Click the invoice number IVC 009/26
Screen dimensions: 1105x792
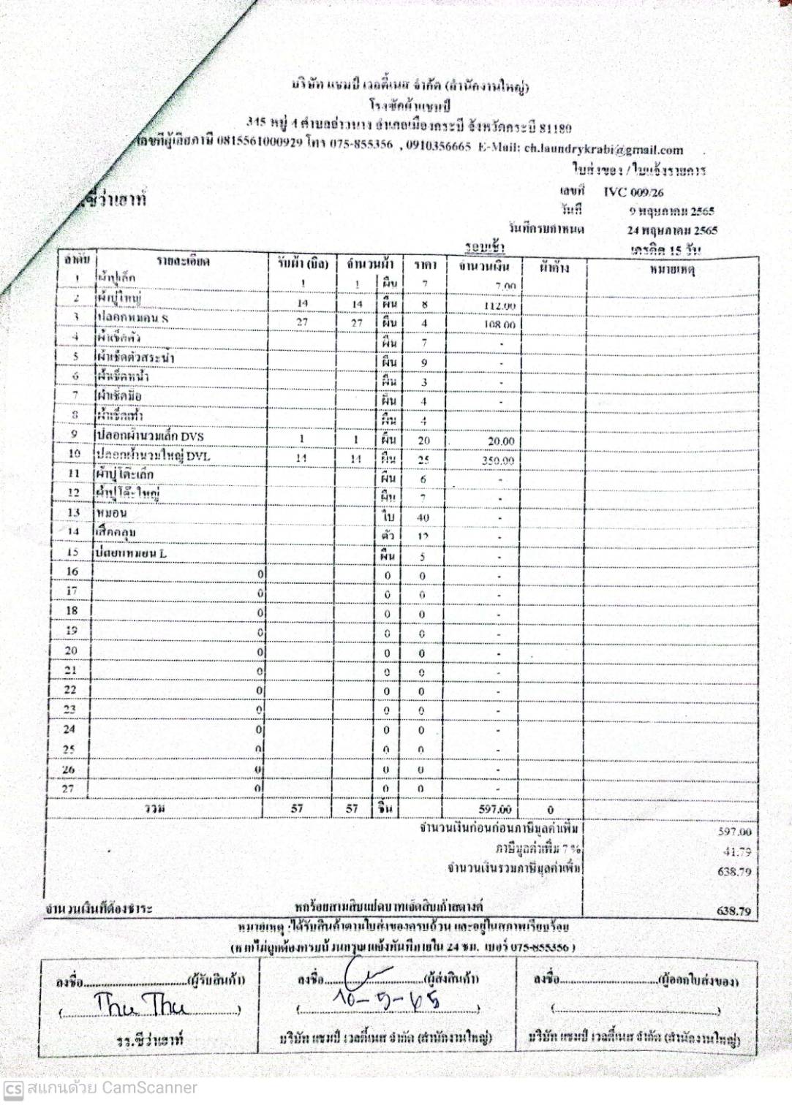633,192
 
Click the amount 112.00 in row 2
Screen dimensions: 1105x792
500,306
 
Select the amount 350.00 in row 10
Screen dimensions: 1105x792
498,460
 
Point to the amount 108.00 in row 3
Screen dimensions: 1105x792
499,324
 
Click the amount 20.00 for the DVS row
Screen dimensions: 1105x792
501,441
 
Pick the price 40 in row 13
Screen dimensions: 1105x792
423,517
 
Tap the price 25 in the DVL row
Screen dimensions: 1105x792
423,460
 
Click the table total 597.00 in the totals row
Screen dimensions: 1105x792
495,809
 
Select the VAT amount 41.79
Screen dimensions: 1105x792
736,851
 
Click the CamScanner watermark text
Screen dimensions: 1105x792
110,1087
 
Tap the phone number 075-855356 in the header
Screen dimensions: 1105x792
361,144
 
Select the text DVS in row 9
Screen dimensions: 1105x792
192,436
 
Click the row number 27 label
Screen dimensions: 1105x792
68,789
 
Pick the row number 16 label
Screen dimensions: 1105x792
72,572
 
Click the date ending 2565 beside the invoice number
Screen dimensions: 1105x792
671,211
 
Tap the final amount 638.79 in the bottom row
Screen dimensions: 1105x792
734,911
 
